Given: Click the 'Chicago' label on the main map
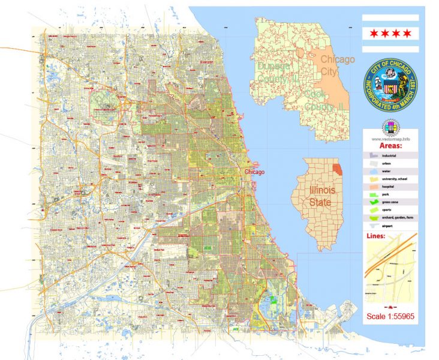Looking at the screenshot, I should (x=255, y=172).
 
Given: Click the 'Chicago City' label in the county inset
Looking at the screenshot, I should (x=337, y=65).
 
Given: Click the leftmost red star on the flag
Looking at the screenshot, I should (x=374, y=32).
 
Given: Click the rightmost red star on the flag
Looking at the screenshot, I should (x=408, y=32).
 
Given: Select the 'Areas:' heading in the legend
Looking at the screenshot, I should (x=391, y=145).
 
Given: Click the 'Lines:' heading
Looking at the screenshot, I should (x=376, y=236).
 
